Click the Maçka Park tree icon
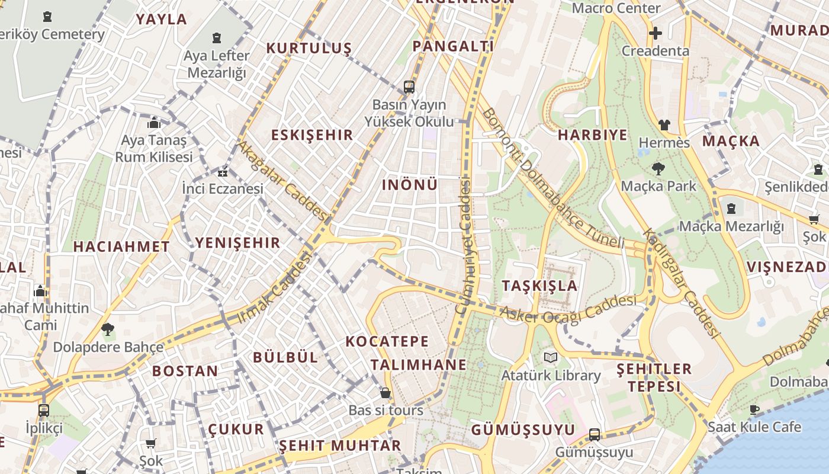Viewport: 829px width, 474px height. click(x=658, y=168)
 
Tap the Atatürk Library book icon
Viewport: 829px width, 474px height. click(x=551, y=357)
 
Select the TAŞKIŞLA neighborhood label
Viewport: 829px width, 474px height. click(x=539, y=286)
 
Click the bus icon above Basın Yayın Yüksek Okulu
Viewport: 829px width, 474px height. click(x=409, y=87)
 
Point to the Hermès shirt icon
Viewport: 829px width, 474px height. click(x=664, y=125)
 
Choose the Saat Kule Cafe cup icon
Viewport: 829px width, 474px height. click(x=754, y=409)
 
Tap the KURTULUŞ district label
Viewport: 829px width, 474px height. click(x=309, y=48)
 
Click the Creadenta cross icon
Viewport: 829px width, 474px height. click(x=656, y=33)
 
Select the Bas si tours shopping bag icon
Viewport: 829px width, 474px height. click(x=385, y=393)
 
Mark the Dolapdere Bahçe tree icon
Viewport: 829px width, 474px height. click(x=108, y=329)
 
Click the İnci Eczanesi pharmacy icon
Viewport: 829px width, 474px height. click(x=223, y=173)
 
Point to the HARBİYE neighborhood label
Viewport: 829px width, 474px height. click(x=593, y=134)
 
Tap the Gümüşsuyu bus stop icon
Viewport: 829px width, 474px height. click(x=595, y=435)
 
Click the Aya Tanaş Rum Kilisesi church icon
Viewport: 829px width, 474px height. click(x=154, y=123)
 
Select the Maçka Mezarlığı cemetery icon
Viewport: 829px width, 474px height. click(x=731, y=209)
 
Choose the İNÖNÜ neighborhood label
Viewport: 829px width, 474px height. click(x=410, y=185)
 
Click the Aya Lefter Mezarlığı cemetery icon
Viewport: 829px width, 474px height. click(x=217, y=38)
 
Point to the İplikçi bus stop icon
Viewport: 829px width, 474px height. click(x=44, y=410)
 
